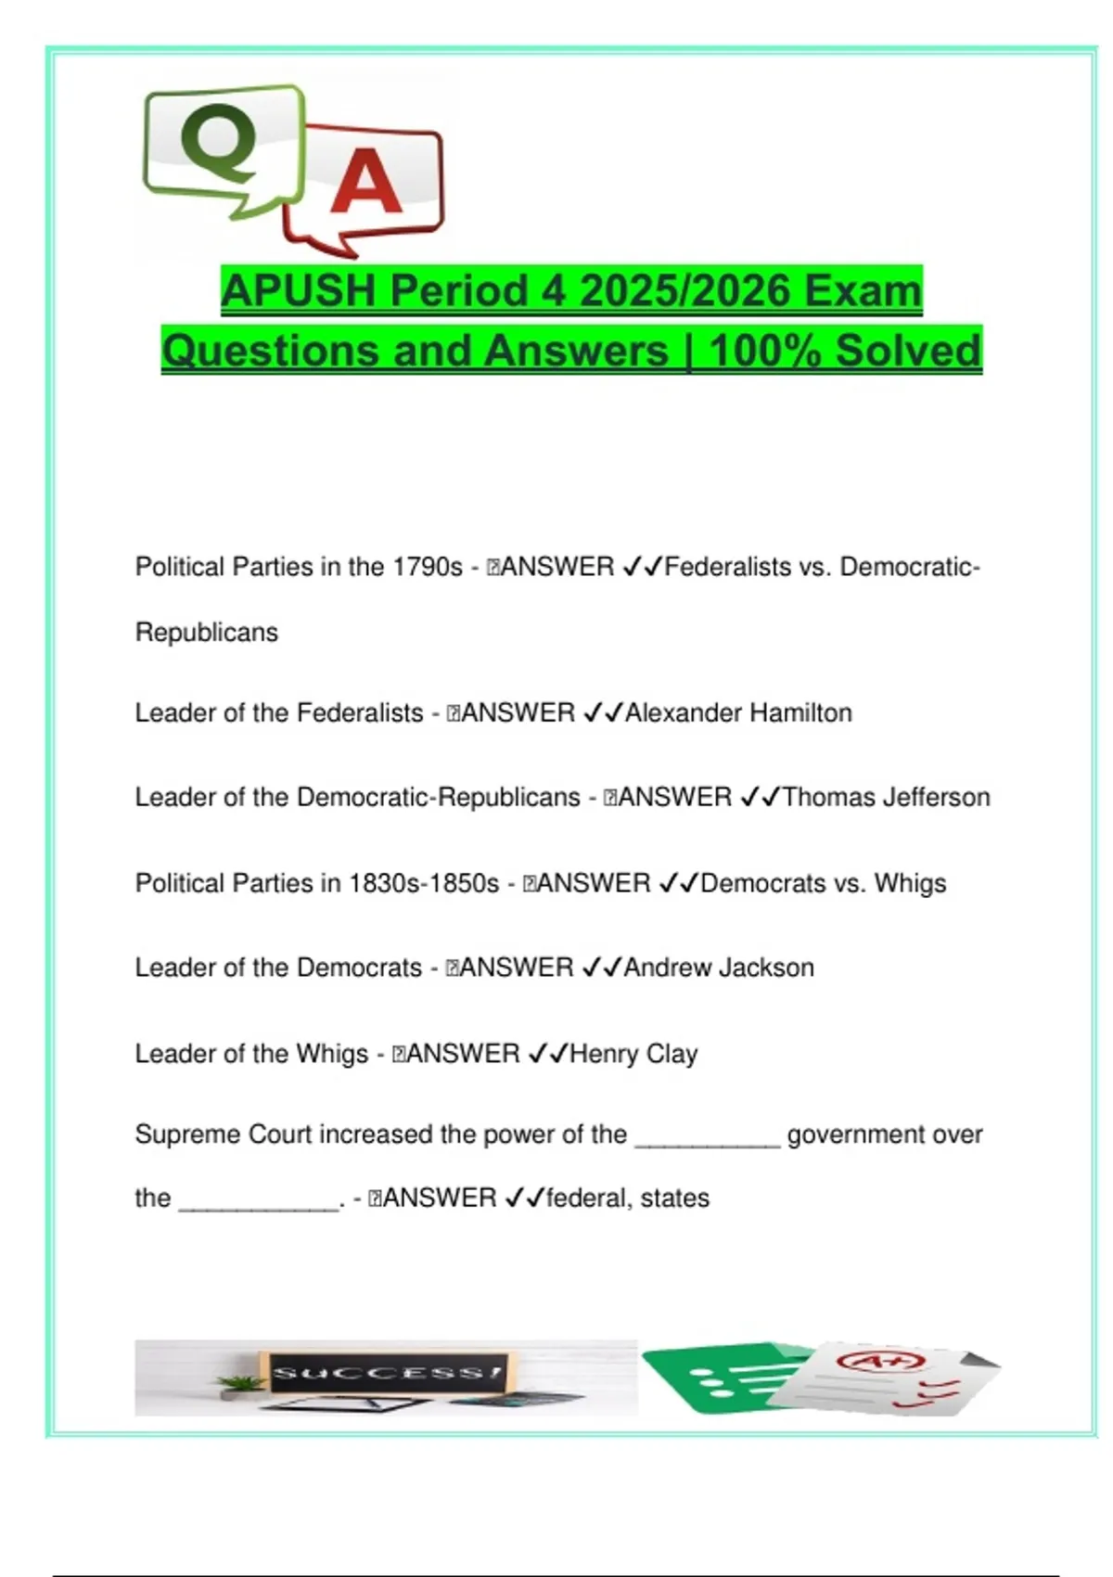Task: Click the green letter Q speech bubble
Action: (223, 148)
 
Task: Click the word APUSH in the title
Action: (299, 291)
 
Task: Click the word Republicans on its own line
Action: (207, 633)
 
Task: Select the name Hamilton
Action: (800, 713)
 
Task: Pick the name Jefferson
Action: (937, 798)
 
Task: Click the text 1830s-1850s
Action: (424, 883)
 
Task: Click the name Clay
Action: (672, 1054)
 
